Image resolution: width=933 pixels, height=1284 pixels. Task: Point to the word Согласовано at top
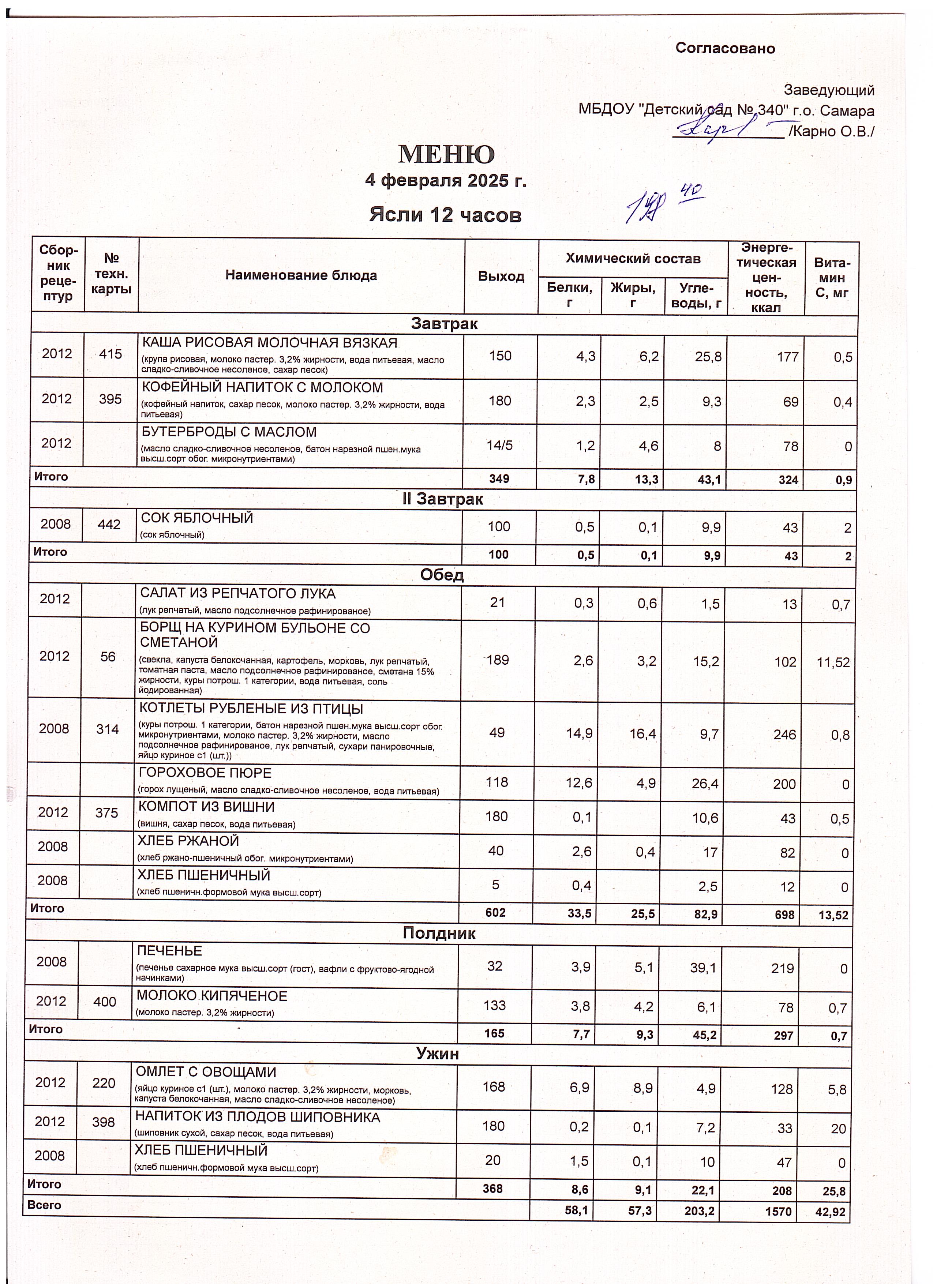click(x=725, y=48)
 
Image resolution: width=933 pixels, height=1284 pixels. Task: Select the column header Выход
click(x=501, y=276)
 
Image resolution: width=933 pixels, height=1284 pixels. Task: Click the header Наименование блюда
click(x=301, y=276)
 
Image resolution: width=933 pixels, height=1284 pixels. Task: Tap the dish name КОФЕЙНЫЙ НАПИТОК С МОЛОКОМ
click(x=262, y=388)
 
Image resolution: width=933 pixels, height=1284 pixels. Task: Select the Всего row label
click(x=44, y=1205)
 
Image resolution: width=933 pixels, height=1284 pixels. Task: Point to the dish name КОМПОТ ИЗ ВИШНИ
click(x=207, y=807)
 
